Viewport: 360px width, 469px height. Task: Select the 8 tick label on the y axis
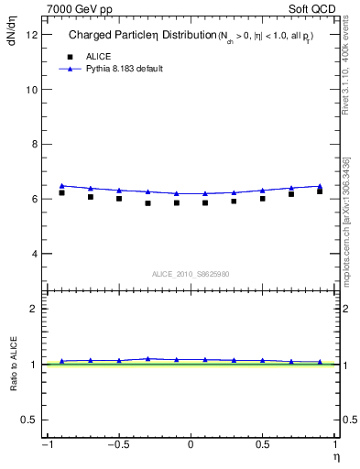[x=33, y=144]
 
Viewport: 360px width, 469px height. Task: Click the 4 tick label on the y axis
[x=33, y=254]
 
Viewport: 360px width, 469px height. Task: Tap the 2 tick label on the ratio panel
[x=33, y=309]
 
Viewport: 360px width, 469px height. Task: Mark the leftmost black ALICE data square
[x=61, y=192]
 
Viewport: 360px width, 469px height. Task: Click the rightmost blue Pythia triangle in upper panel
[x=320, y=186]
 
